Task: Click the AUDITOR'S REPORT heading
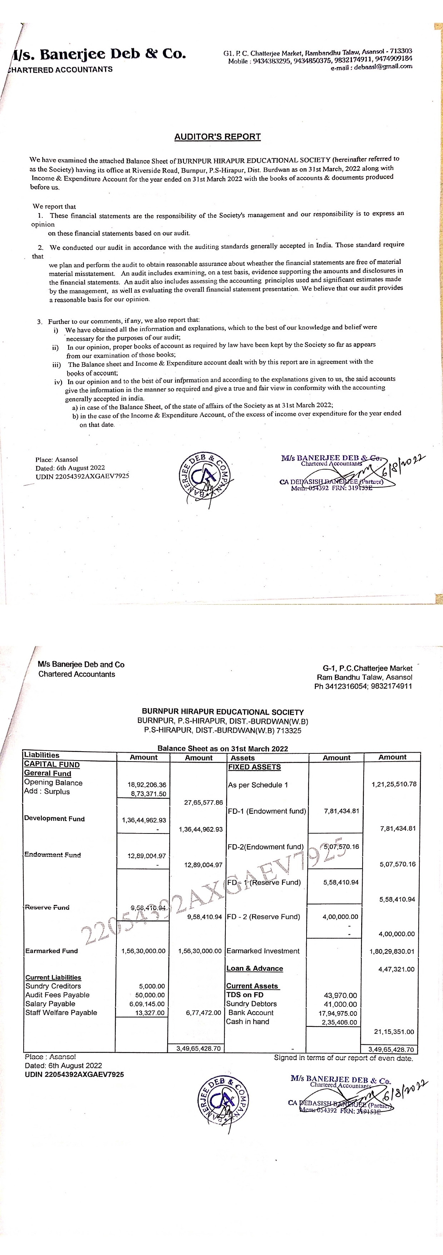tap(218, 137)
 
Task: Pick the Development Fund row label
tap(55, 818)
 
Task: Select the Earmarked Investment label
tap(263, 951)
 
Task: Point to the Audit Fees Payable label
tap(58, 995)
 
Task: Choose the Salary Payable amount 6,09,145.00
tap(147, 1004)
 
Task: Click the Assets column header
tap(243, 758)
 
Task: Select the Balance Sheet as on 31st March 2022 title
tap(223, 748)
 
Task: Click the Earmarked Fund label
tap(51, 951)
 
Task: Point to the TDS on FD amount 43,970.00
tap(340, 995)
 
